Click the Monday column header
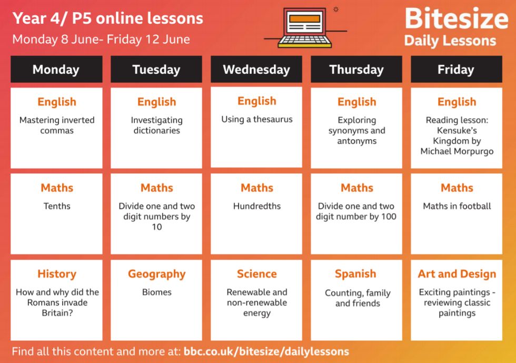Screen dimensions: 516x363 56,69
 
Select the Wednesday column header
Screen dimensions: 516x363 256,69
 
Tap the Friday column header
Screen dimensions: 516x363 457,69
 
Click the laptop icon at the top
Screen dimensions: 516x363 305,28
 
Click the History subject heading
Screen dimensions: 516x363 57,274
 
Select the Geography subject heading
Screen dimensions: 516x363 157,274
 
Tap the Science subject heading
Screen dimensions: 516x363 257,274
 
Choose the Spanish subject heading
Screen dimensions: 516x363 355,274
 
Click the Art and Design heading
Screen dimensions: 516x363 457,274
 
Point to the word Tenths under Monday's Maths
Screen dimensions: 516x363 57,206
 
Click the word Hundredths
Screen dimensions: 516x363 257,206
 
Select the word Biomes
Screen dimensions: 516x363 157,292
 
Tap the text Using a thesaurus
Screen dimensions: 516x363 257,119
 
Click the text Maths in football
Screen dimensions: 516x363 457,206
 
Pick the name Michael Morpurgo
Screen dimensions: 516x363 457,151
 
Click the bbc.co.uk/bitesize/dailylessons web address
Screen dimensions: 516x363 266,351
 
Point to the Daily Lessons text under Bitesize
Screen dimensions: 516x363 450,41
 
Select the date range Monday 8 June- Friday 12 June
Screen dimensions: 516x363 101,40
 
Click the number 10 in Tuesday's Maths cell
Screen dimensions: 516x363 157,227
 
